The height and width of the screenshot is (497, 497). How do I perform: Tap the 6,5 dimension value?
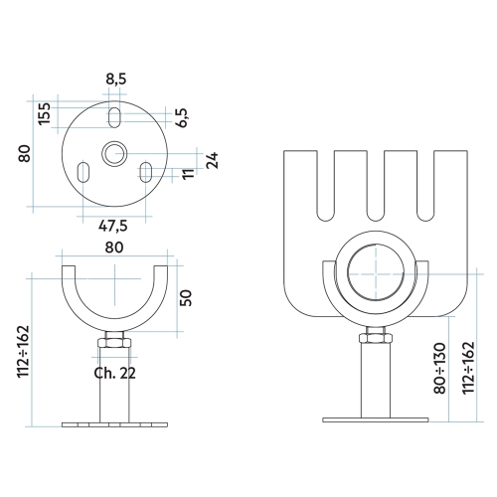[182, 118]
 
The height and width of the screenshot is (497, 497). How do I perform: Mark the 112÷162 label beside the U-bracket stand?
[24, 350]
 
